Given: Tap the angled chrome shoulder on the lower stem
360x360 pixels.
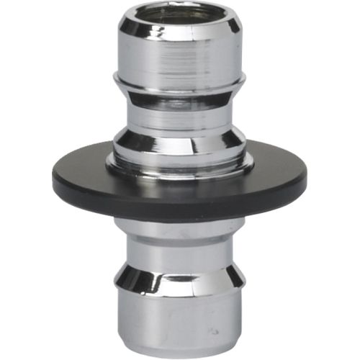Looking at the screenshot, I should (179, 277).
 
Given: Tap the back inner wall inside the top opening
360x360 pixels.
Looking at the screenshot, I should (179, 10).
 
